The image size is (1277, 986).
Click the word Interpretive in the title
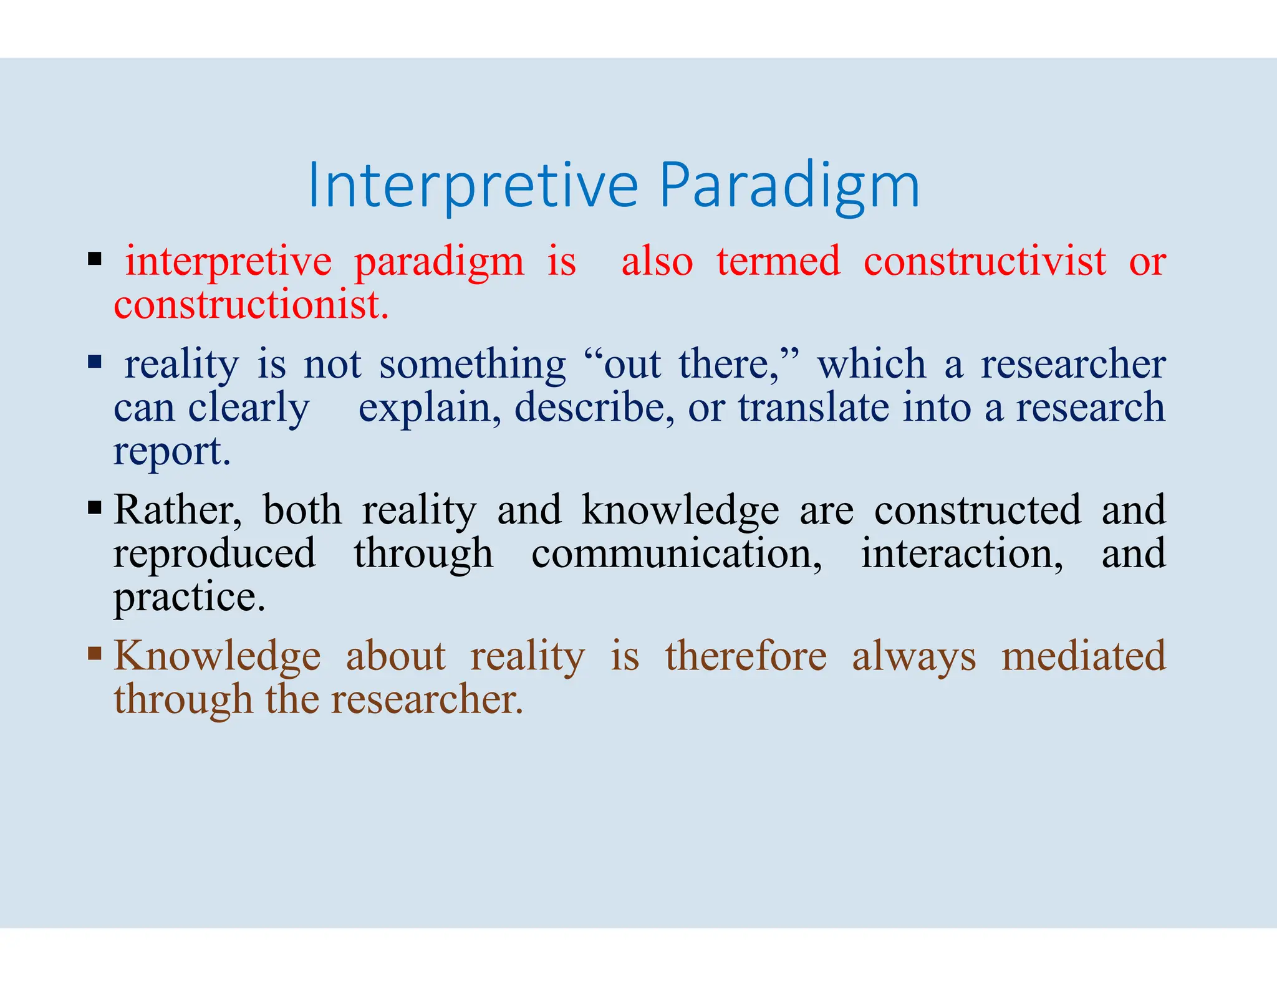coord(473,186)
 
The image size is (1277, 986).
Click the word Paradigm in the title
coord(789,186)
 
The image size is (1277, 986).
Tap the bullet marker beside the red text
coord(95,258)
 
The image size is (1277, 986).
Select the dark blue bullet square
coord(95,361)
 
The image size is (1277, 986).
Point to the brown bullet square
coord(95,653)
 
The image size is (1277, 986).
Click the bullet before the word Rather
coord(95,507)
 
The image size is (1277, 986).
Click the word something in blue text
coord(473,364)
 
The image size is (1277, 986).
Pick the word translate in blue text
coord(813,408)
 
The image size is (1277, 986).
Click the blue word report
coord(171,452)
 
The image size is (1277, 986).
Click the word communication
coord(676,553)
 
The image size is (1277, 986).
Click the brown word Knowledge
coord(217,656)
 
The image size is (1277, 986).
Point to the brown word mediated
coord(1083,656)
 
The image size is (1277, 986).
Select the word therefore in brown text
coord(746,656)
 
